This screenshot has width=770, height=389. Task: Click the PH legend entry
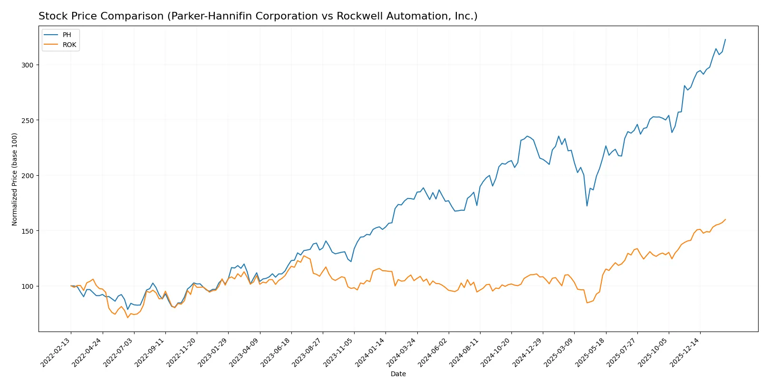tap(67, 35)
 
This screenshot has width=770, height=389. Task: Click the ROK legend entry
tap(69, 45)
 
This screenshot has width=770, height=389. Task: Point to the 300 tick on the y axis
tap(28, 65)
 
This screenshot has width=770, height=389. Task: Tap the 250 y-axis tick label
tap(28, 121)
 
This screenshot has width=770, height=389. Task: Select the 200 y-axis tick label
tap(28, 176)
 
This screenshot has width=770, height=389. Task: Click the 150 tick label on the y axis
tap(28, 231)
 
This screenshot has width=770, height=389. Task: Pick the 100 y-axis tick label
tap(28, 286)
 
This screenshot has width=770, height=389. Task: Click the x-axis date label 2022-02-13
tap(57, 352)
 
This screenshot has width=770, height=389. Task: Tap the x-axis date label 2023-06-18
tap(277, 352)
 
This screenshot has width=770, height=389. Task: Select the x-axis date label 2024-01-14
tap(371, 352)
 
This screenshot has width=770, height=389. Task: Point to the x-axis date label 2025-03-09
tap(560, 352)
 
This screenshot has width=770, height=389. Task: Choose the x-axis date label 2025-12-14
tap(686, 352)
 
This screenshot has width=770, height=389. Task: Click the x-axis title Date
tap(398, 374)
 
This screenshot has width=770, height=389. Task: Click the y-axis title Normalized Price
tap(15, 179)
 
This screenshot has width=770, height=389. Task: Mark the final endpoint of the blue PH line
tap(725, 39)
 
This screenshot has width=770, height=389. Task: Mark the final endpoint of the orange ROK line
tap(725, 219)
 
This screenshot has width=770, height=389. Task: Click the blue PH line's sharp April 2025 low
tap(587, 206)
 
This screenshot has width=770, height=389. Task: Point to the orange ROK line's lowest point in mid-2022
tap(127, 317)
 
